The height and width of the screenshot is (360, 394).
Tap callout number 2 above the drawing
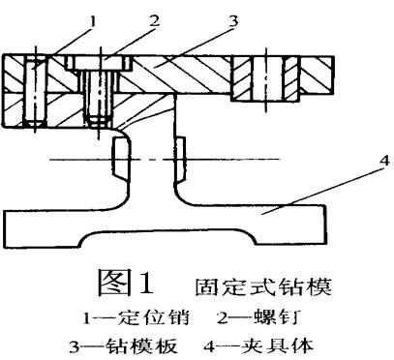(153, 16)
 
